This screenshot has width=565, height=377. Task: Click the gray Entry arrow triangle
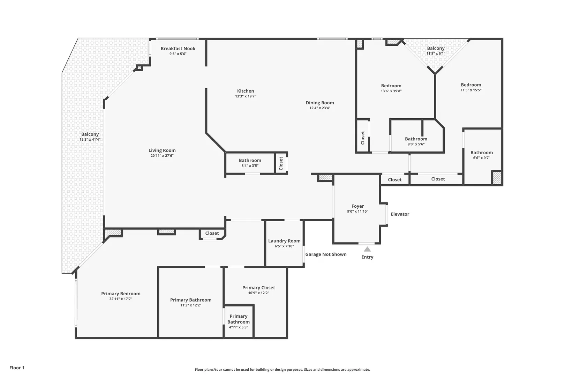367,249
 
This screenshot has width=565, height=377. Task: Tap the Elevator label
400,214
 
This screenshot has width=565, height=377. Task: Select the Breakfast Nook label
178,49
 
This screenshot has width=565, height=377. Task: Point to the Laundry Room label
284,241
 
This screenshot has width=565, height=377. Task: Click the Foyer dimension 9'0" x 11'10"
358,211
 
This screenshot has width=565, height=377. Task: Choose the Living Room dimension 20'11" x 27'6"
162,156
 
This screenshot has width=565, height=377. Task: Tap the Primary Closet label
258,288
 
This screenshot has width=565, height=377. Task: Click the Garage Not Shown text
326,254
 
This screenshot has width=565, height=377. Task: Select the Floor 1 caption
17,368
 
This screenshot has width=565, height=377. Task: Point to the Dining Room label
320,103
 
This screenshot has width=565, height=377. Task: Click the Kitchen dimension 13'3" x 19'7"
246,96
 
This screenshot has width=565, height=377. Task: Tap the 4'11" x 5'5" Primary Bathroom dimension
238,327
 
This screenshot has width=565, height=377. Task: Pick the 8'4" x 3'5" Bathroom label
250,160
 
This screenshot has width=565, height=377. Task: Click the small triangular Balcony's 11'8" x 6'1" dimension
436,53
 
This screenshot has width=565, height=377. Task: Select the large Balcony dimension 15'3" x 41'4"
90,139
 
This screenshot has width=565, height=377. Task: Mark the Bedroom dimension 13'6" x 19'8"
391,91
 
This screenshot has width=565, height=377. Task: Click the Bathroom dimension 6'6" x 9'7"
482,158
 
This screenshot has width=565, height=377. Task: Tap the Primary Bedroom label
121,294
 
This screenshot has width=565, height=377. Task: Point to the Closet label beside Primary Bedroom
212,233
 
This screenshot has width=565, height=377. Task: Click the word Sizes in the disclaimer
308,369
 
